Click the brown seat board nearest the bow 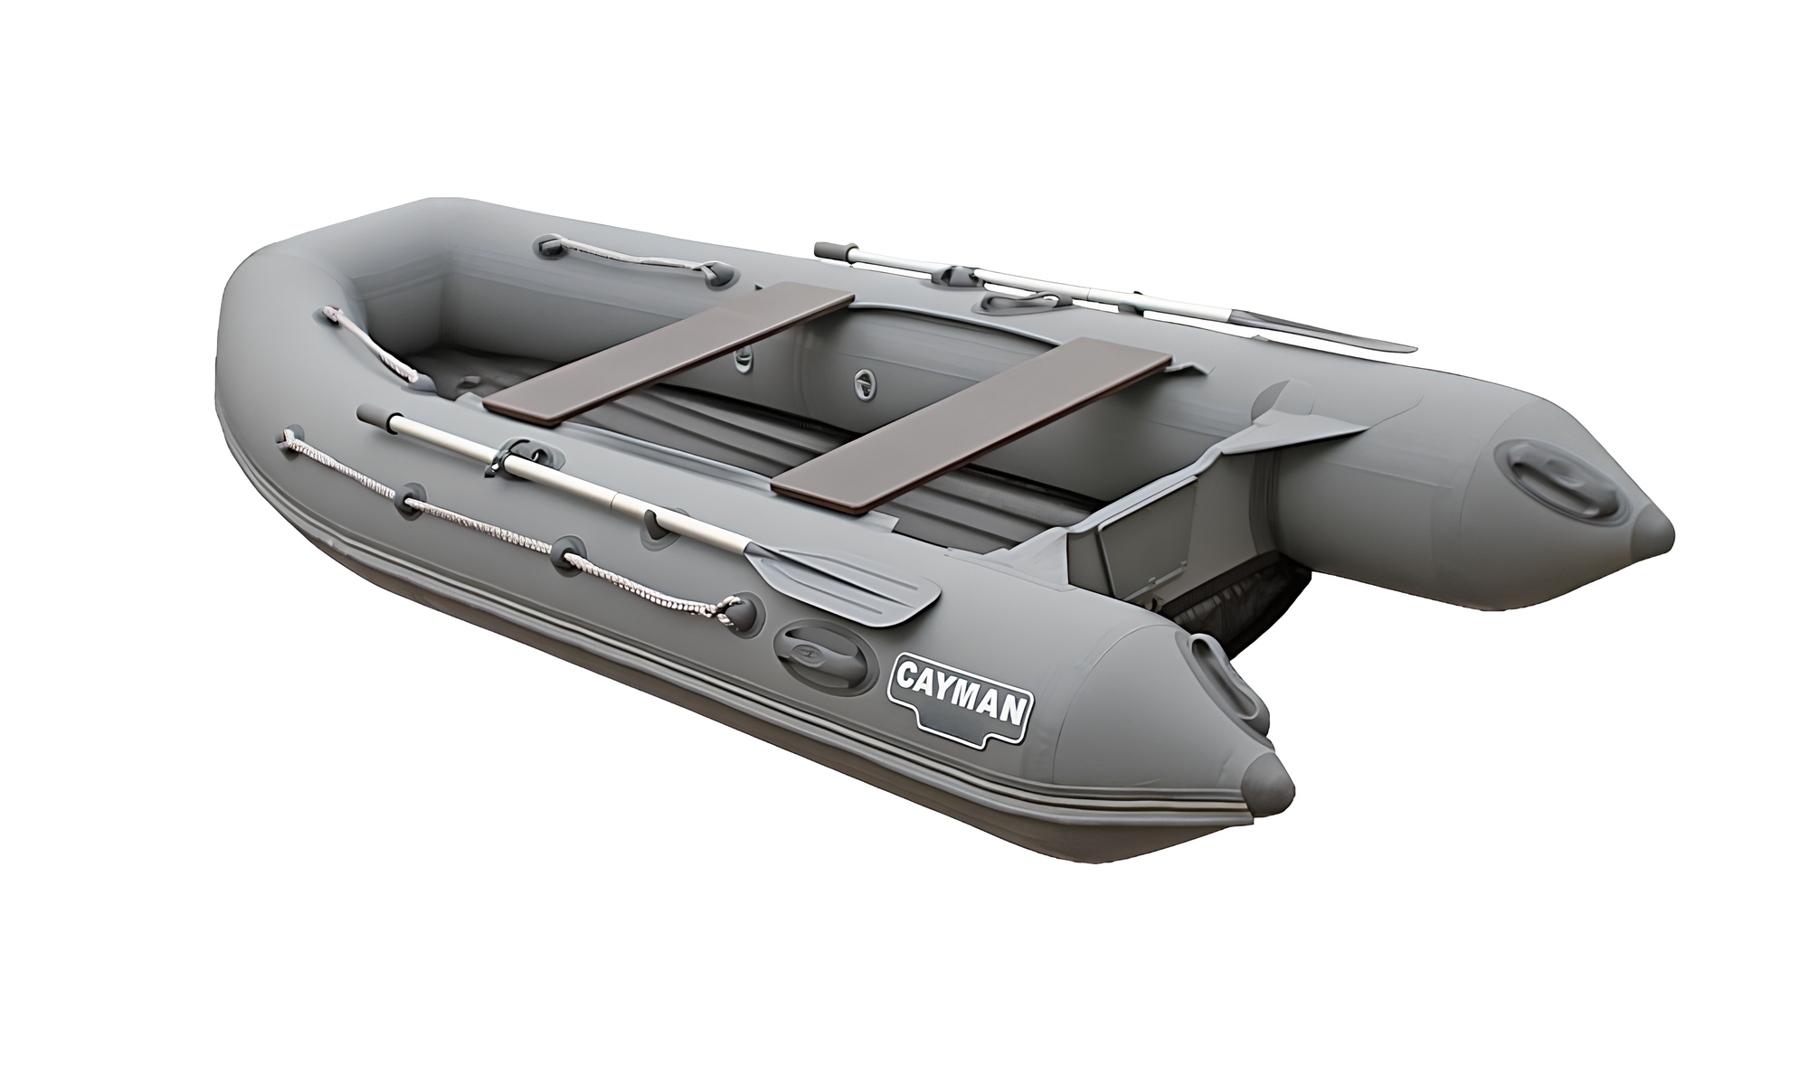[x=668, y=353]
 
